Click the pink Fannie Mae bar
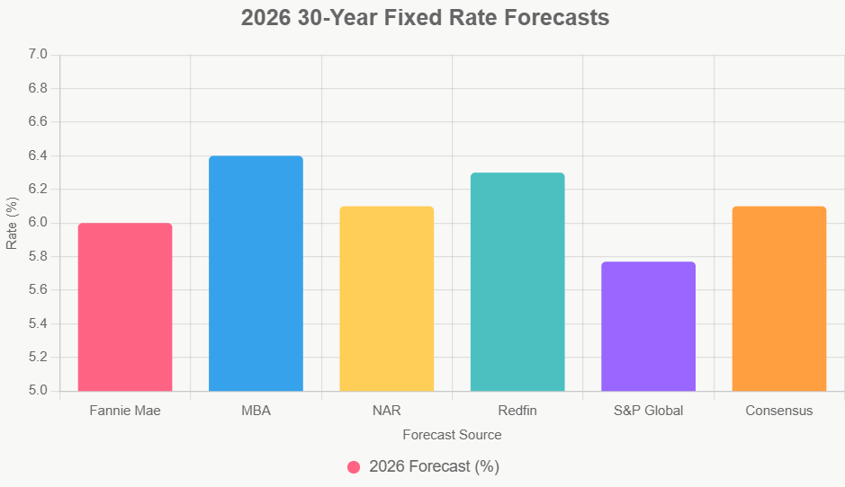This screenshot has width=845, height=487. click(x=125, y=306)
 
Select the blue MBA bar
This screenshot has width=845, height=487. click(x=256, y=273)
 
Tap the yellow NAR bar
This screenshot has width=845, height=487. click(x=386, y=298)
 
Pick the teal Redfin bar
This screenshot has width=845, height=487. click(x=517, y=281)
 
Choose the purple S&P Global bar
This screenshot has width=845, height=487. click(x=648, y=326)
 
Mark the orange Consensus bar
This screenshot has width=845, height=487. click(x=778, y=298)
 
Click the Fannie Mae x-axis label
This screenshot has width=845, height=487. click(x=125, y=411)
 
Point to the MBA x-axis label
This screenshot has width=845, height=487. click(x=256, y=411)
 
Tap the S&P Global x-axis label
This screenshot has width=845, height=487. click(x=648, y=411)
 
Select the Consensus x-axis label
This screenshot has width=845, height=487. click(x=778, y=411)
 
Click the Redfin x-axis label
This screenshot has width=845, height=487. click(x=517, y=411)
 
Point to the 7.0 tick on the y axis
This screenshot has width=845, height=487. click(x=37, y=55)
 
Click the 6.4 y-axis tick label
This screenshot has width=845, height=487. click(x=37, y=155)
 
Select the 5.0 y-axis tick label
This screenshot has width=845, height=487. click(x=37, y=391)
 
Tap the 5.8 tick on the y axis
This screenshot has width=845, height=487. click(x=37, y=256)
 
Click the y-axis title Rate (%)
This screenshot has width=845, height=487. click(x=12, y=223)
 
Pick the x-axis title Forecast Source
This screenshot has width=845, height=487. click(x=452, y=435)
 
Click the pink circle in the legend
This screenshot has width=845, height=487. click(x=354, y=467)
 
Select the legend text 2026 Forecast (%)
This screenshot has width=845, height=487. click(x=434, y=467)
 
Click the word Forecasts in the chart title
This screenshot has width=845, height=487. click(x=551, y=18)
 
